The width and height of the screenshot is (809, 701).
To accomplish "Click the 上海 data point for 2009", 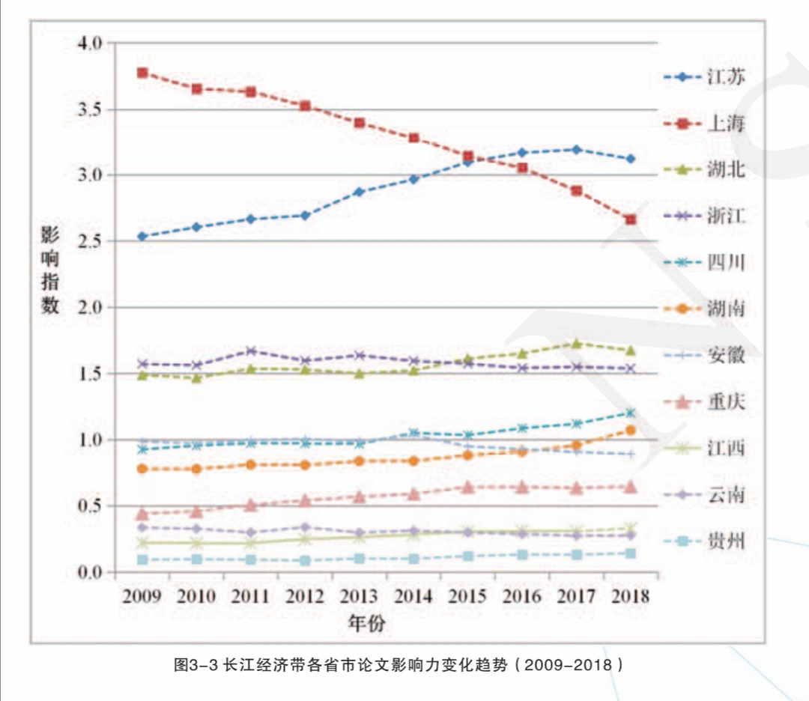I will point(142,73).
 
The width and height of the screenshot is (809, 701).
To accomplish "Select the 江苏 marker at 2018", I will point(631,159).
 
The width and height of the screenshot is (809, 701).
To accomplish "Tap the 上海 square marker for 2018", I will point(631,219).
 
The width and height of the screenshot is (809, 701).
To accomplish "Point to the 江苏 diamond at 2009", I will point(142,236).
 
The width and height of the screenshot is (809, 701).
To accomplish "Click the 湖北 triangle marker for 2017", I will point(576,344).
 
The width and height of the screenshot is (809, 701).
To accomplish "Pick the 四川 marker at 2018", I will point(631,413).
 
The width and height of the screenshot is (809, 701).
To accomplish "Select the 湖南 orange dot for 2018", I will point(631,430).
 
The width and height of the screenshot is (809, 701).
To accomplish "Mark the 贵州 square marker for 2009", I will point(142,559).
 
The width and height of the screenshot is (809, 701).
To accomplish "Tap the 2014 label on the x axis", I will point(413,597).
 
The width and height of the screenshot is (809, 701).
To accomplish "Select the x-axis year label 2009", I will point(142,597).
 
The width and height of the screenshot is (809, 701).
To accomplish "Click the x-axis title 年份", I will point(367,622).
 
